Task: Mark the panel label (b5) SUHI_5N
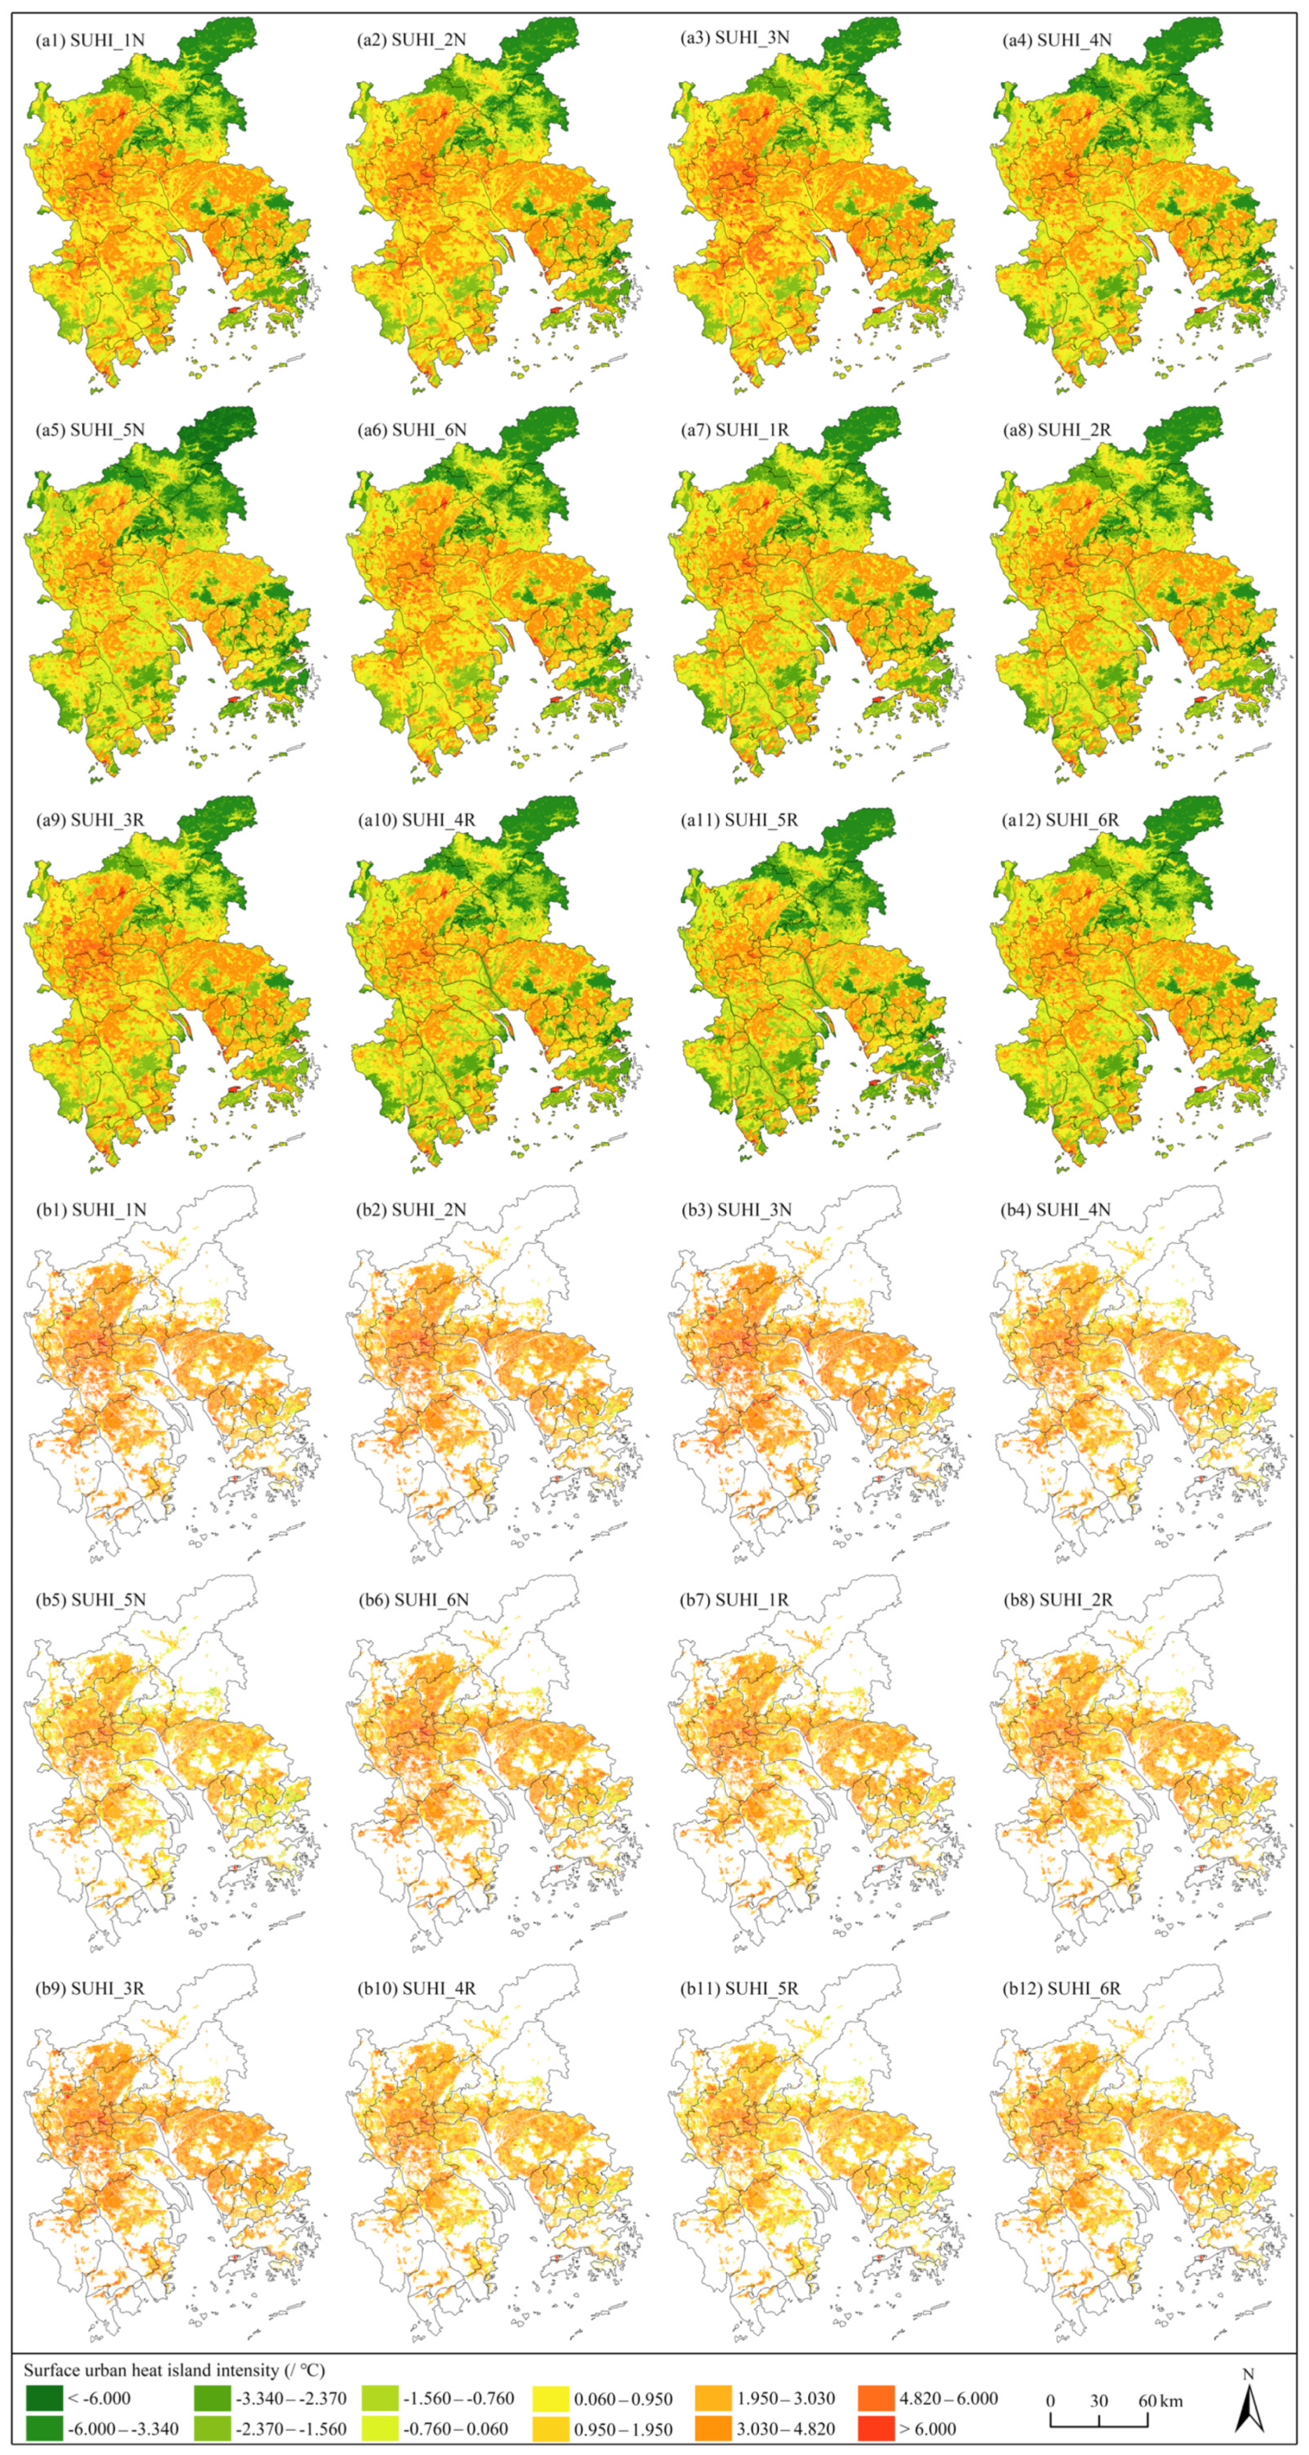click(x=90, y=1599)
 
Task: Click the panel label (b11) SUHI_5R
click(x=739, y=1989)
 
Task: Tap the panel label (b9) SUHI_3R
click(x=90, y=1989)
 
